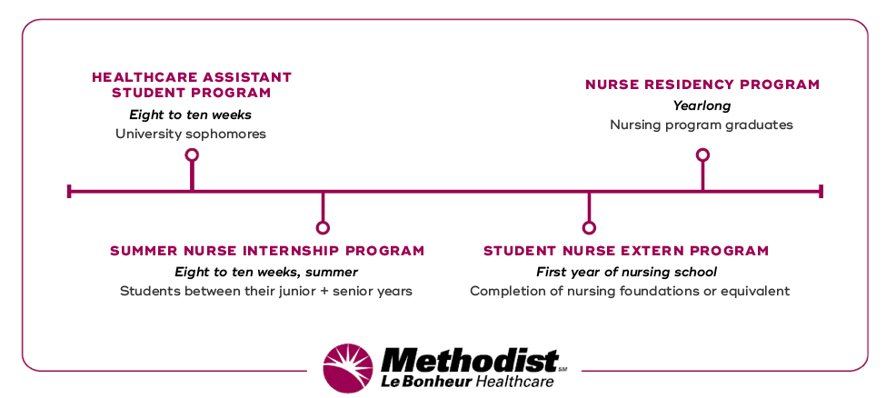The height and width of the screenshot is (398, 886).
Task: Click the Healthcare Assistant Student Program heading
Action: click(x=192, y=85)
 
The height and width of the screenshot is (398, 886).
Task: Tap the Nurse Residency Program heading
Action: click(x=702, y=85)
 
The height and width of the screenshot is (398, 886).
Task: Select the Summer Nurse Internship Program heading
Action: click(x=267, y=251)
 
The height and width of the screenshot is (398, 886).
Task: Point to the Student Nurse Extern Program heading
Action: click(x=626, y=251)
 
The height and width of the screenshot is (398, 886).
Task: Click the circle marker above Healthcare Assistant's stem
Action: click(x=192, y=155)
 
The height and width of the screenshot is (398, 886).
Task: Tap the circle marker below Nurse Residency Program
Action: click(x=702, y=155)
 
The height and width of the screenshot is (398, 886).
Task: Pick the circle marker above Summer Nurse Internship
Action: click(x=323, y=227)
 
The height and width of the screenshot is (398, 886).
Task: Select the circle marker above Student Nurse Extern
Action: click(x=589, y=227)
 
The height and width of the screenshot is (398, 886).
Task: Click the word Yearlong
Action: click(x=702, y=105)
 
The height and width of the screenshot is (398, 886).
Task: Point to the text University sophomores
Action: click(x=191, y=134)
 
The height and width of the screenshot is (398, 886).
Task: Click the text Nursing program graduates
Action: click(x=702, y=124)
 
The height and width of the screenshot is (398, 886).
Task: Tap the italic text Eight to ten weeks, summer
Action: click(x=266, y=272)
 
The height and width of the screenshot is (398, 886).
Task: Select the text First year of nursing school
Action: click(x=626, y=272)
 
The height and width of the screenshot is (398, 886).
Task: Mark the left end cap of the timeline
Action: click(x=69, y=191)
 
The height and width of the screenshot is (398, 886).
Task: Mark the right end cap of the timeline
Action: click(x=821, y=191)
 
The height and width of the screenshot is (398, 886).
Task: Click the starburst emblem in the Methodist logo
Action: click(x=348, y=368)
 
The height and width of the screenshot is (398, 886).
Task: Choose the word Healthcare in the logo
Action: click(x=513, y=382)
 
